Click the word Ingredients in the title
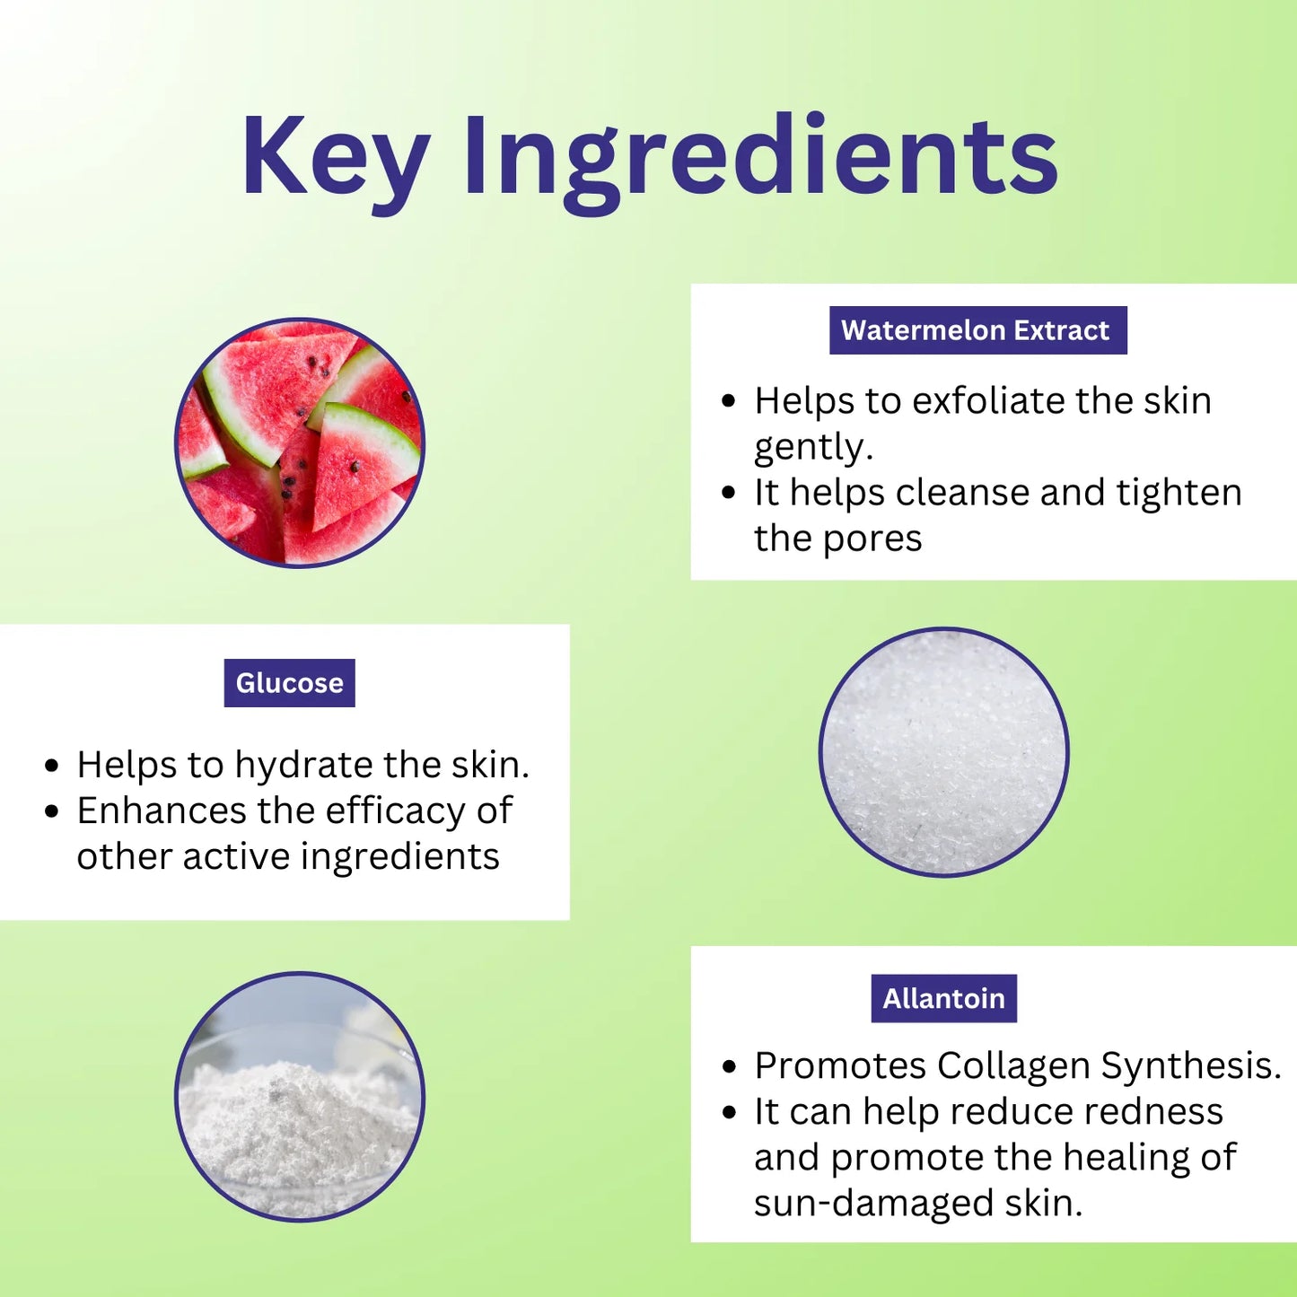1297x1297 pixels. point(761,162)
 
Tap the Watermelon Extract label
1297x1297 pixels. point(978,329)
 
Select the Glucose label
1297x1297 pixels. point(289,682)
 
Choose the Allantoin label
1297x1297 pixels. point(943,998)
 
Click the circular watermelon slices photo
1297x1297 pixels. point(300,443)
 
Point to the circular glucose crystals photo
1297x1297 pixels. point(943,752)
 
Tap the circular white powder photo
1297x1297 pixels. point(300,1097)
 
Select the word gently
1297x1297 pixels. point(813,448)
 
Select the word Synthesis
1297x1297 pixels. point(1191,1068)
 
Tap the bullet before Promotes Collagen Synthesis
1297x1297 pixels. point(728,1068)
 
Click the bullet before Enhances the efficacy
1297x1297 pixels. point(51,811)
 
